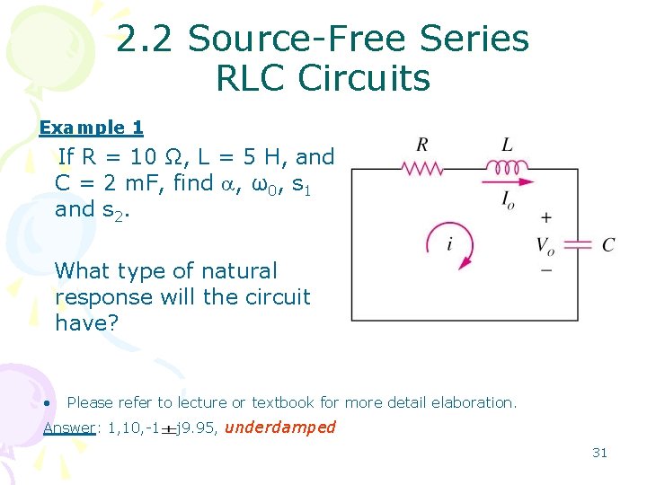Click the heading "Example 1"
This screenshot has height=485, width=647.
(x=91, y=128)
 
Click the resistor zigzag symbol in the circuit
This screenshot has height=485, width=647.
(x=421, y=168)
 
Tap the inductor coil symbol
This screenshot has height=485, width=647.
(x=508, y=166)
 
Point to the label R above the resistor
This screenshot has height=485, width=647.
(x=421, y=144)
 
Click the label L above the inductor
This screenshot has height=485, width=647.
(x=508, y=144)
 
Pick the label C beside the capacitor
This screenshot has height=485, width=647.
(x=608, y=245)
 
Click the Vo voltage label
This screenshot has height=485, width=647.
(x=545, y=245)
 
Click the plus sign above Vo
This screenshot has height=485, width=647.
(x=545, y=218)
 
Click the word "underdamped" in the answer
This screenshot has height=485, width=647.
(x=279, y=428)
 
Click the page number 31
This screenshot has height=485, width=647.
(x=599, y=453)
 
